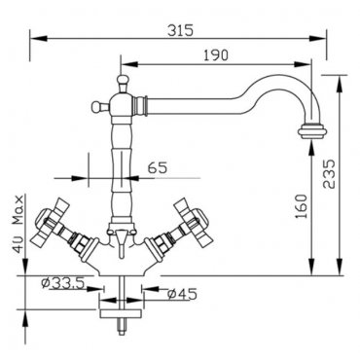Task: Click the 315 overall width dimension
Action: pos(180,31)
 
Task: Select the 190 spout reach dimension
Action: pos(216,55)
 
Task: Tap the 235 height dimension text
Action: pos(329,173)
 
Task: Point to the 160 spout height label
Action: pos(302,206)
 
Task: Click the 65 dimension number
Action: pos(158,167)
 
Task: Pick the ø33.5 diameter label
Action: pos(63,283)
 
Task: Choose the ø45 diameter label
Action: pos(182,294)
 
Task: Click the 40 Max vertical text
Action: pos(18,224)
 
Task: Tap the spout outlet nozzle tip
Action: pos(313,132)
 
